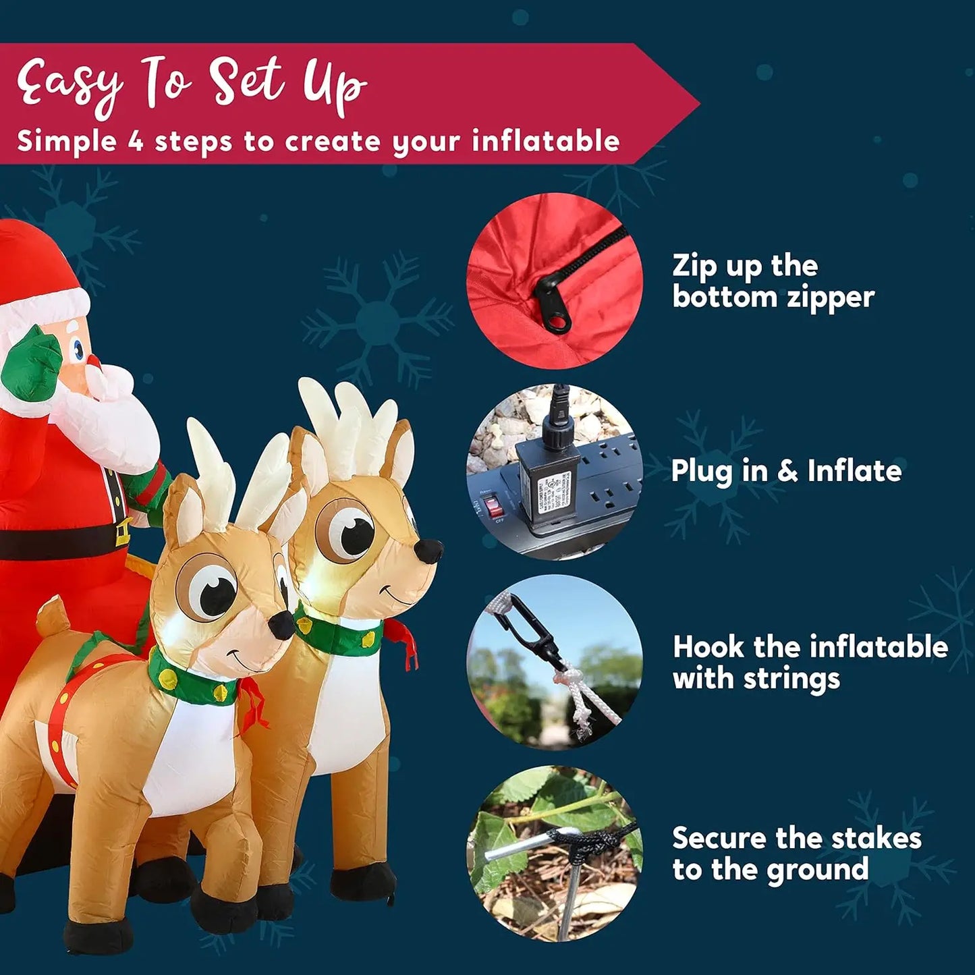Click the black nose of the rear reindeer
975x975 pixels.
[429, 551]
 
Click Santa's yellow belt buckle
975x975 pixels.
[123, 532]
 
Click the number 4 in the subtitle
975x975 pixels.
[136, 142]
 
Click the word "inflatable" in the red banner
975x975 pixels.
[545, 142]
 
